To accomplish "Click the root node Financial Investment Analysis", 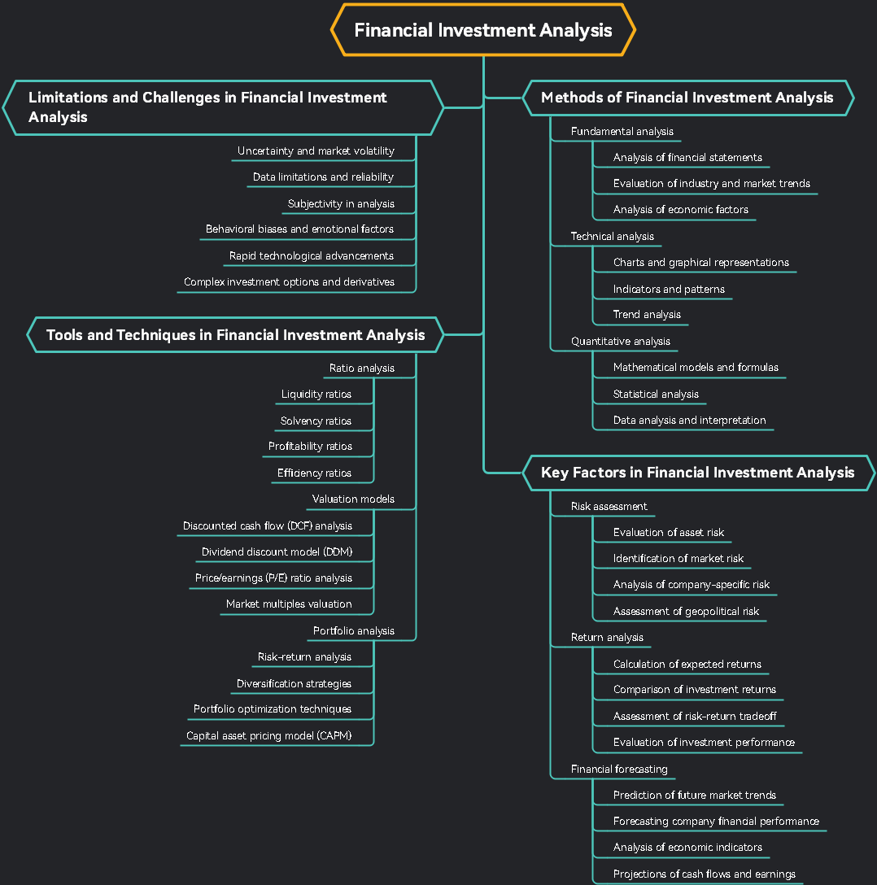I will point(483,31).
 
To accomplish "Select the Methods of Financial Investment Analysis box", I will point(687,98).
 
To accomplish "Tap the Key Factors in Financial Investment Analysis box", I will point(697,473).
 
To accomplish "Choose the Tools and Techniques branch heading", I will point(235,335).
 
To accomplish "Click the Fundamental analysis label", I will point(622,132).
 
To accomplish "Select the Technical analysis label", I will point(612,237).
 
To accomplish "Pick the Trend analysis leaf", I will point(647,315).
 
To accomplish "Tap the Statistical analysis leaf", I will point(656,395).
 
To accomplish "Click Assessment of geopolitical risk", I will point(686,612).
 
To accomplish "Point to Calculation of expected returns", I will point(687,665).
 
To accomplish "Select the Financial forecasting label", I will point(618,769).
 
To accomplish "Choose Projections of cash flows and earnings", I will point(704,874).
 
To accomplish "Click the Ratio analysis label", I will point(361,368).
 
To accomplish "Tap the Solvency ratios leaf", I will point(316,421).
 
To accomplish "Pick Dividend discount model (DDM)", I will point(277,552).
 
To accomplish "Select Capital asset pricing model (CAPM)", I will point(268,736).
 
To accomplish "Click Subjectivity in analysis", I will point(341,204).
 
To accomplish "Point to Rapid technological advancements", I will point(311,256).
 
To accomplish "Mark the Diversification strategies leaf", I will point(294,684).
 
